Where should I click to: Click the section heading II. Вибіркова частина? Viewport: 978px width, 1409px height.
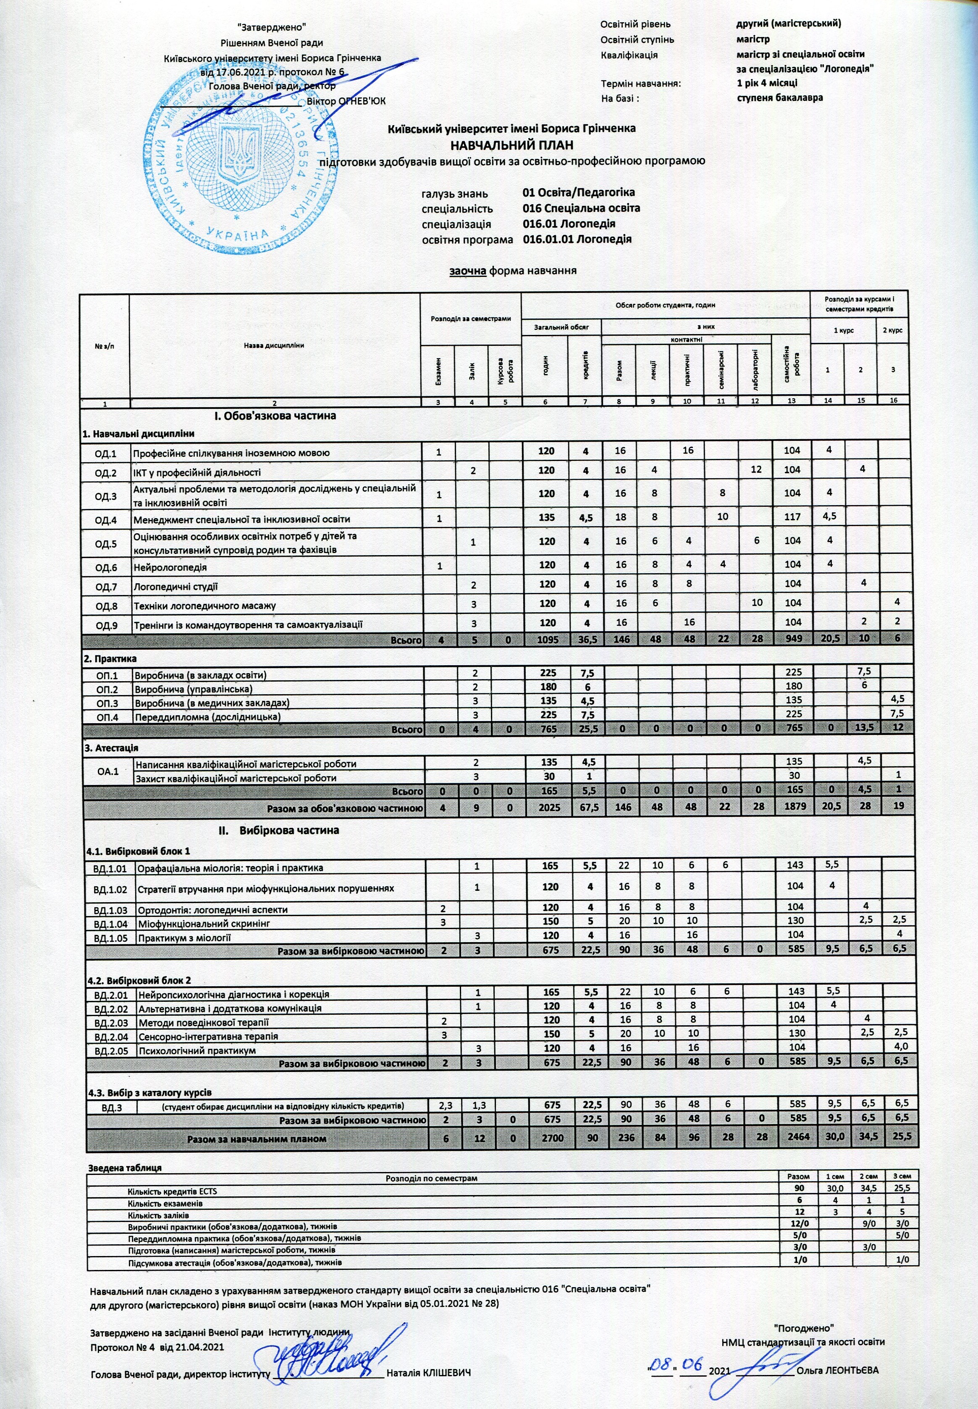[x=279, y=831]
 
